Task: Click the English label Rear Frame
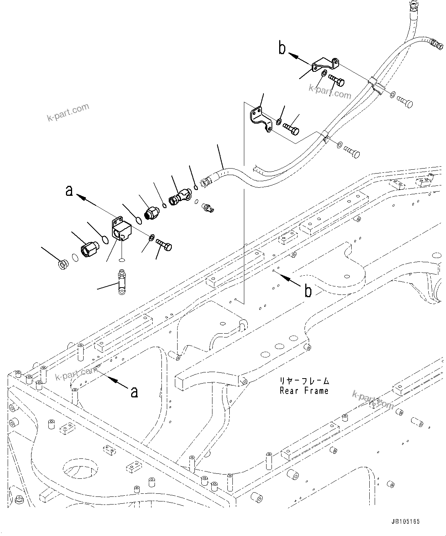click(304, 391)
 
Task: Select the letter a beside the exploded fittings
click(69, 190)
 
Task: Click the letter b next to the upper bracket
click(283, 49)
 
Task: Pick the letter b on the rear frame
click(308, 291)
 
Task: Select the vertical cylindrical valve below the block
click(122, 282)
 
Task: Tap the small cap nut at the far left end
click(62, 265)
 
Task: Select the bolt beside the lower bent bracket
click(291, 128)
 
